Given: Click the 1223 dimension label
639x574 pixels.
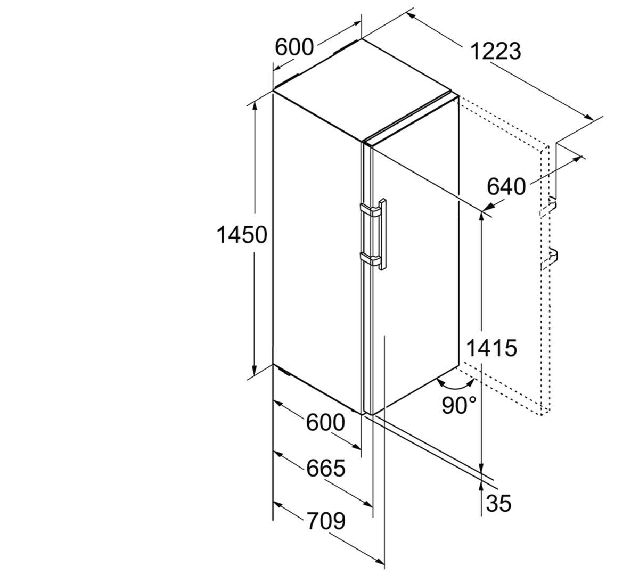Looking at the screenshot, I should [x=496, y=52].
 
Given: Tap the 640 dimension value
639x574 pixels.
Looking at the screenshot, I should [x=506, y=187].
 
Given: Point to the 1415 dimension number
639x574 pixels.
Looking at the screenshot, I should [x=491, y=348].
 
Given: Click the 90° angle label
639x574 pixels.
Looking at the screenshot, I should [x=459, y=405].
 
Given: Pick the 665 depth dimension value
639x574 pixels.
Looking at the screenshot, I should [x=326, y=468].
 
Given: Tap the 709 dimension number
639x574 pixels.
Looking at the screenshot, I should [x=326, y=520].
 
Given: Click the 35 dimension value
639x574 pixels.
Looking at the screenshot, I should [x=498, y=503].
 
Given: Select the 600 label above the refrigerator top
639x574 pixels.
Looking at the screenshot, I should [x=294, y=47].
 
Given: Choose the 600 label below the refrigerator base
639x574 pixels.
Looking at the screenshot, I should [x=326, y=423].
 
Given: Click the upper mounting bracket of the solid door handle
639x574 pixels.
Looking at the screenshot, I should [x=370, y=210].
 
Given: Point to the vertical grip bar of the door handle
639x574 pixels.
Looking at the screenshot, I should [x=383, y=234].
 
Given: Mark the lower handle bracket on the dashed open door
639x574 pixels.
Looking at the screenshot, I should [x=550, y=259].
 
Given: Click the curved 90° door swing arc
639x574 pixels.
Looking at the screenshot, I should [x=455, y=384].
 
